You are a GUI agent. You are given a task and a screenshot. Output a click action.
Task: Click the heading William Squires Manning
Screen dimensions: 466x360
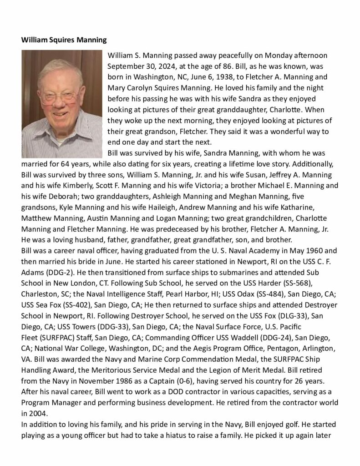[x=64, y=40]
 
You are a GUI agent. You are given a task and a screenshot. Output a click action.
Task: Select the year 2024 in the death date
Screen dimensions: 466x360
[x=160, y=66]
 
